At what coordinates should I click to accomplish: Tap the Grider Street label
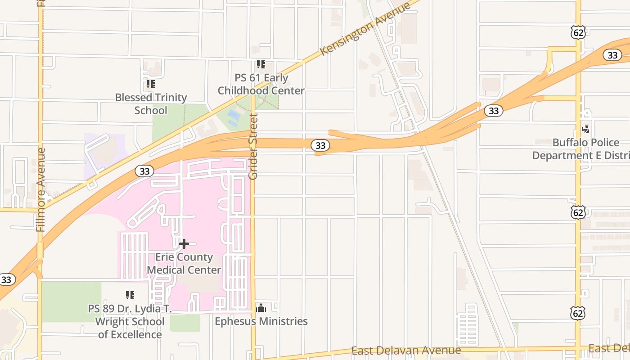tap(253, 147)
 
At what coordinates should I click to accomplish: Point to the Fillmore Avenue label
tap(41, 189)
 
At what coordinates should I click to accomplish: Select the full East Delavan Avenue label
tap(406, 351)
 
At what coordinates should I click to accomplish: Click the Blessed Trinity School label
tap(151, 104)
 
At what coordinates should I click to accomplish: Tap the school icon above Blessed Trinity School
tap(150, 84)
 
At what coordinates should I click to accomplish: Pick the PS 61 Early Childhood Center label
tap(261, 84)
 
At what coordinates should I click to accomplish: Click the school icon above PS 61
tap(261, 64)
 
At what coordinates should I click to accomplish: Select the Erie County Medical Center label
tap(184, 263)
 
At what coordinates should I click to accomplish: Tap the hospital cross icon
tap(184, 244)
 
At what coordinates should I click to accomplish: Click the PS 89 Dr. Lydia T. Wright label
tap(130, 322)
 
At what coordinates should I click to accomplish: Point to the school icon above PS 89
tap(130, 295)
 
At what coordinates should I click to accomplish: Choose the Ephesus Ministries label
tap(261, 321)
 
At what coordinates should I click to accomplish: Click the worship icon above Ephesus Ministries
tap(261, 308)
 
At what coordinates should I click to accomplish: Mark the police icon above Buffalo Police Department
tap(585, 129)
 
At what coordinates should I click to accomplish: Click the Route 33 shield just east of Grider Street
tap(320, 145)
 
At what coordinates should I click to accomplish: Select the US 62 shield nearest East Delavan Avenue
tap(578, 313)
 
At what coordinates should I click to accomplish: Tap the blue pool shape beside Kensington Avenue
tap(234, 117)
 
